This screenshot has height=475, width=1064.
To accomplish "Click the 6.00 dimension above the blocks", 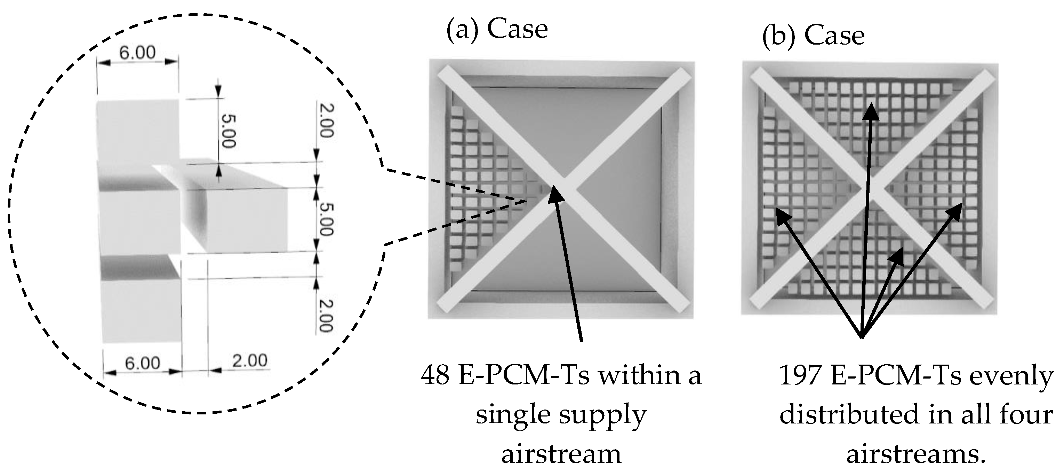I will (137, 53).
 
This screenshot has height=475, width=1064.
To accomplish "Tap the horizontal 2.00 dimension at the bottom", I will (249, 361).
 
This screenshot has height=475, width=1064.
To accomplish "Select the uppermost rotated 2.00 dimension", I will (326, 121).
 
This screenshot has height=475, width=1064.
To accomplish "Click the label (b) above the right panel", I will (778, 36).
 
